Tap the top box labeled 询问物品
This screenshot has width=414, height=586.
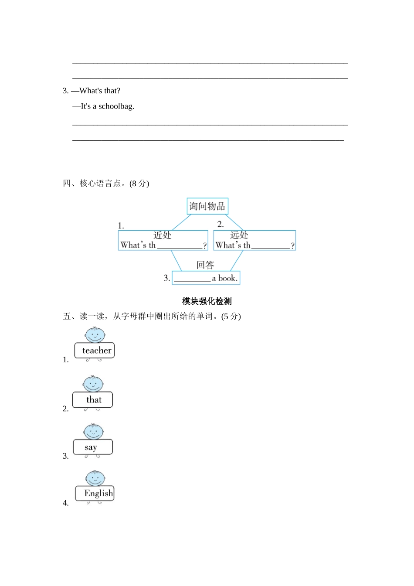pos(207,206)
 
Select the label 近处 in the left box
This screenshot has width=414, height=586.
pos(163,235)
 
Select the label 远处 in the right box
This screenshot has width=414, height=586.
pos(239,235)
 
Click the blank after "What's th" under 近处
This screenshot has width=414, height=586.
pos(180,245)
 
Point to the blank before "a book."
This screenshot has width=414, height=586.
pos(192,278)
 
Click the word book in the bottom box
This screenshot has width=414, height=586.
pos(227,278)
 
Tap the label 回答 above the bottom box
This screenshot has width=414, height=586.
pos(205,265)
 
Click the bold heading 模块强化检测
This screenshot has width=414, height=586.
pos(207,301)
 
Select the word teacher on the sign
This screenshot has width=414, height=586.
pos(97,351)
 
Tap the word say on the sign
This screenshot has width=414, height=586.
pos(91,447)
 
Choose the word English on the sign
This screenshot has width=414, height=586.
pos(98,494)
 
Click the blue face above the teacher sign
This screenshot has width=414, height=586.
pos(95,335)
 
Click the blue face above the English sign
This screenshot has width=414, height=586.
pos(95,478)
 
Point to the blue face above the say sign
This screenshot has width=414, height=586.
pos(93,432)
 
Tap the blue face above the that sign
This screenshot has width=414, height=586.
pos(93,384)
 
